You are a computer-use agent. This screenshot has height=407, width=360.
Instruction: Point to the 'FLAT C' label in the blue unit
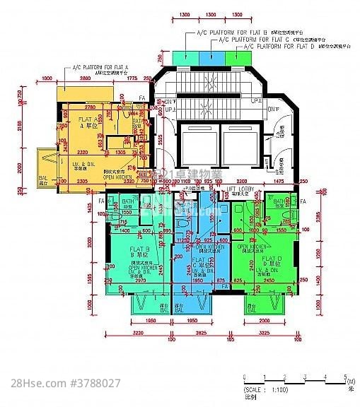tap(199, 260)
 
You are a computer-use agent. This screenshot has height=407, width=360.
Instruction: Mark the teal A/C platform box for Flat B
tap(186, 56)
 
